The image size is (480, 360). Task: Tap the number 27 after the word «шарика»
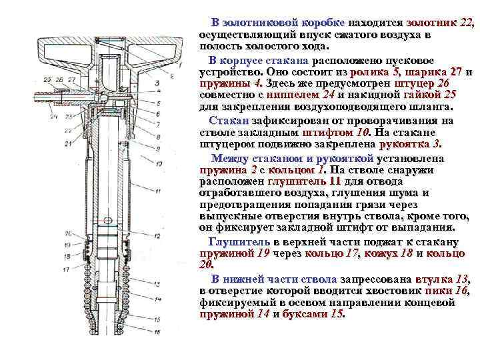coord(455,71)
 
